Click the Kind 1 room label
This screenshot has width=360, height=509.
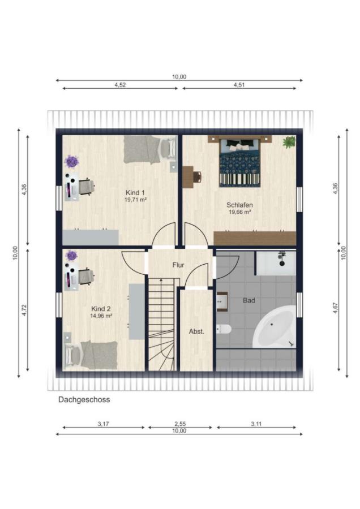[x=135, y=192]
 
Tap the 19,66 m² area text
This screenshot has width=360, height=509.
[x=240, y=212]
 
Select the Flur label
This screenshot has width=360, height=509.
[x=178, y=265]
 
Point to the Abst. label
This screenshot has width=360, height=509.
[x=196, y=331]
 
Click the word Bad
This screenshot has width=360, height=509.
[x=249, y=300]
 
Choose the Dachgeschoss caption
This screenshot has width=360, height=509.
[x=84, y=400]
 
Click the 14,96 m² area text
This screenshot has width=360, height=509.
[x=102, y=315]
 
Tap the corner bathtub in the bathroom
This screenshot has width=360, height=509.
[x=275, y=326]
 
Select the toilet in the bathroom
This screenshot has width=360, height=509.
[x=224, y=329]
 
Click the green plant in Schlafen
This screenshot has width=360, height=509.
[x=289, y=142]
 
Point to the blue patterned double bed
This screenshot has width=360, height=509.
[x=240, y=162]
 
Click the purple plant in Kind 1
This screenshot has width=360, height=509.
[x=71, y=161]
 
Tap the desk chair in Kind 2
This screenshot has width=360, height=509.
[x=86, y=277]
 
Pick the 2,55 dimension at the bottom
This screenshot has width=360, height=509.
[x=180, y=424]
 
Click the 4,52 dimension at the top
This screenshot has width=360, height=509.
[x=120, y=85]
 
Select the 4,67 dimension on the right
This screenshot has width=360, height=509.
[x=336, y=308]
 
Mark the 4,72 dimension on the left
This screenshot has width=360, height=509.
[x=24, y=310]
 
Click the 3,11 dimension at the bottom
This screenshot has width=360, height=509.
[x=256, y=424]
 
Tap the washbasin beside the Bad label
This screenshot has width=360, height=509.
[x=222, y=302]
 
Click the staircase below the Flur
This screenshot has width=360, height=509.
[x=161, y=325]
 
